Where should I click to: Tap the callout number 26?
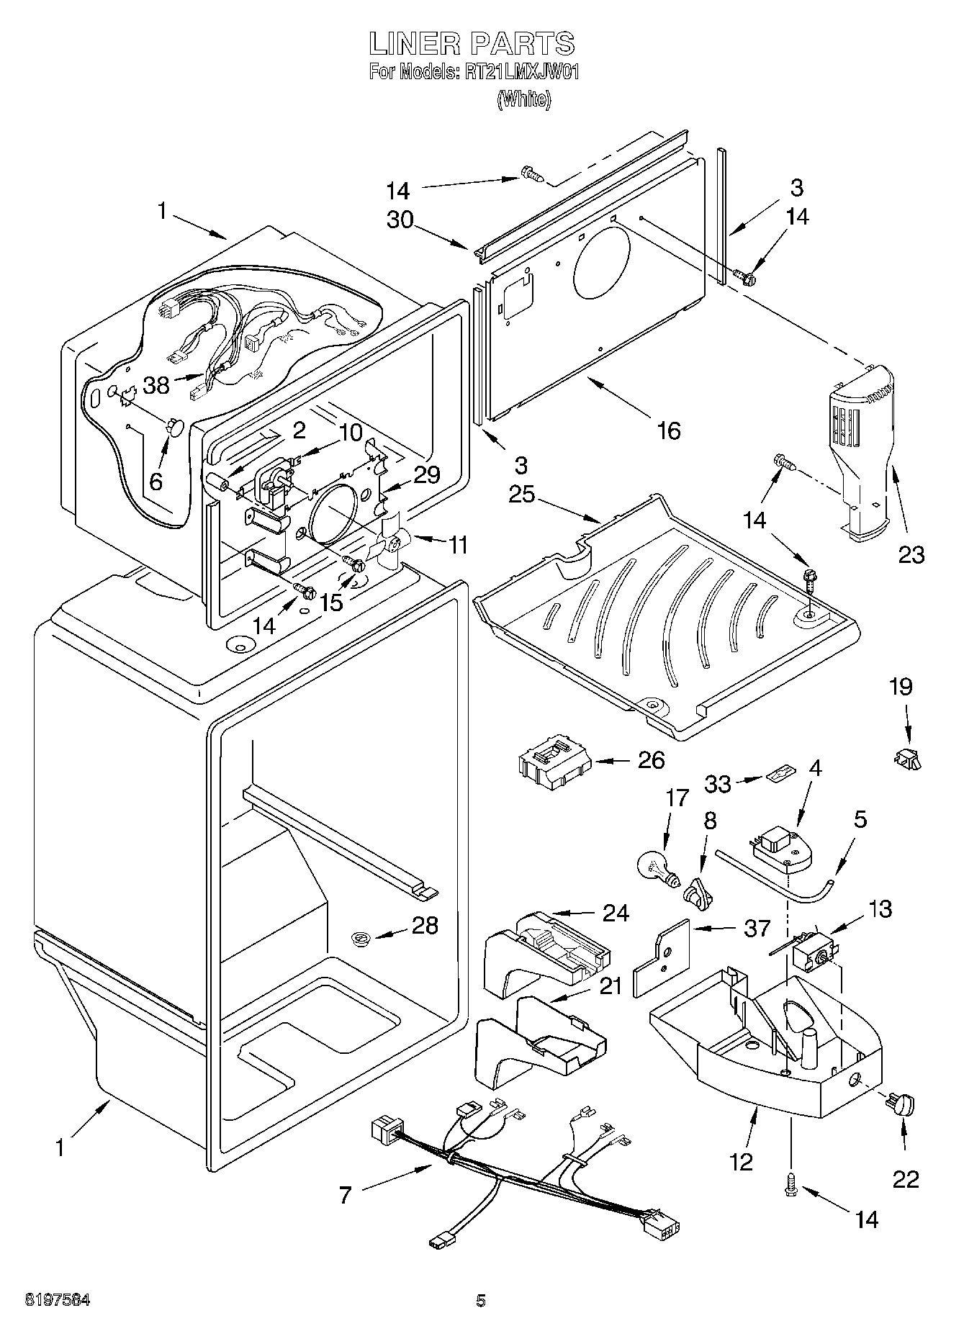pos(651,760)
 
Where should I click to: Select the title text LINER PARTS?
pos(472,45)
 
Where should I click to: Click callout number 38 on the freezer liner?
pos(156,385)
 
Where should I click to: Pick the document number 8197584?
pos(58,1300)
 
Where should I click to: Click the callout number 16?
pos(668,430)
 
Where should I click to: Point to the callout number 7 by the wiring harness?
pos(346,1196)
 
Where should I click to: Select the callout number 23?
pos(911,554)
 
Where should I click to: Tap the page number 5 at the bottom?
pos(481,1300)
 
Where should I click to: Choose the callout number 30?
pos(400,219)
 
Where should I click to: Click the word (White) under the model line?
pos(524,99)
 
